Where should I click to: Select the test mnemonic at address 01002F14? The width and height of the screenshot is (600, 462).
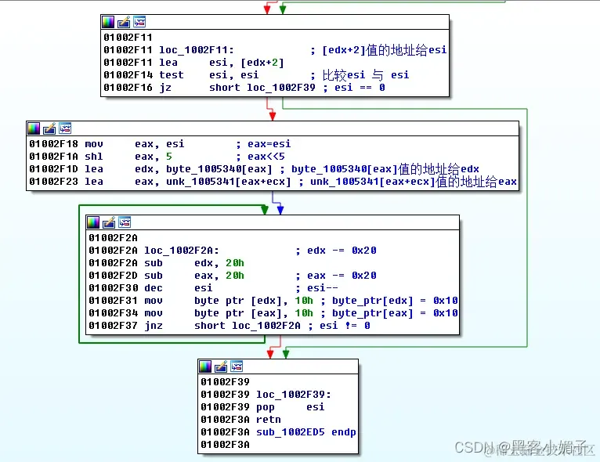click(171, 75)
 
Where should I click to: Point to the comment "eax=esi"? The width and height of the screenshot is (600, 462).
click(271, 144)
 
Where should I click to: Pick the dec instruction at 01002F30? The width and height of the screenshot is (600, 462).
click(156, 288)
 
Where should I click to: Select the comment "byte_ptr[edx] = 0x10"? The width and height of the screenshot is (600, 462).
click(396, 301)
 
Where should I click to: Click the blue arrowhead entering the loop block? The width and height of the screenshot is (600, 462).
click(280, 209)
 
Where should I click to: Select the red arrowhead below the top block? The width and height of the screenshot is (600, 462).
click(271, 116)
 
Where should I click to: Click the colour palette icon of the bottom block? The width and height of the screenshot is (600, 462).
click(206, 366)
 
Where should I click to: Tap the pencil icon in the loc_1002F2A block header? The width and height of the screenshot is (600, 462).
click(109, 222)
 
